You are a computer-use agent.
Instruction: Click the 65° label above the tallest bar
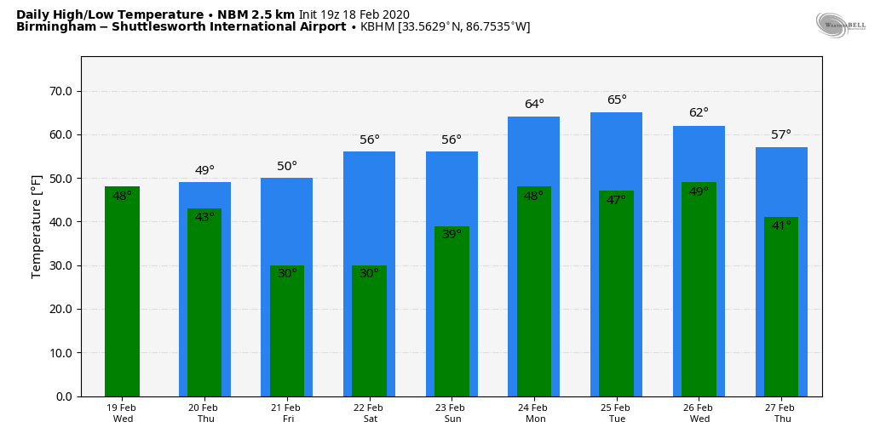617,100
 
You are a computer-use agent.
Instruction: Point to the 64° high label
534,105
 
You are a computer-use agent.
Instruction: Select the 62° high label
699,113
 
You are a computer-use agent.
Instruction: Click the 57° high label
781,135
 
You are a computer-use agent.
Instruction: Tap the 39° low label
452,234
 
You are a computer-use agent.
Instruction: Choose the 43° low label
204,218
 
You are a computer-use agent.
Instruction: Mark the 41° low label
781,226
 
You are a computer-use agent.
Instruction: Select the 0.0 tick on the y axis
65,396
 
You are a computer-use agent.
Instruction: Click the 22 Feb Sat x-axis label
370,413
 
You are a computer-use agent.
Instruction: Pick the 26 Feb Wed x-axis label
699,413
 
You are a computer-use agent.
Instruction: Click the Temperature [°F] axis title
37,226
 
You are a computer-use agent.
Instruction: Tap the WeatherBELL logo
840,26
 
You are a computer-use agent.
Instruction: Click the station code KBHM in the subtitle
377,27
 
